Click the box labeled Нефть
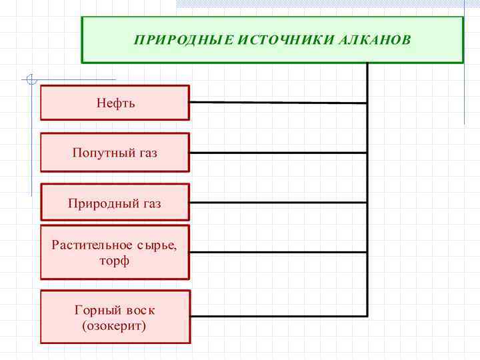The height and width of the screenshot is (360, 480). click(115, 103)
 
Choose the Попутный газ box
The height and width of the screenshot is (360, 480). click(115, 153)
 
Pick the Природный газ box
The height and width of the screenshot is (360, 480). click(115, 203)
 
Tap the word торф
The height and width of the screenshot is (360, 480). click(115, 261)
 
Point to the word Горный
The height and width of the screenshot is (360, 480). click(97, 310)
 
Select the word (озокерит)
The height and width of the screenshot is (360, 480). click(115, 327)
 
